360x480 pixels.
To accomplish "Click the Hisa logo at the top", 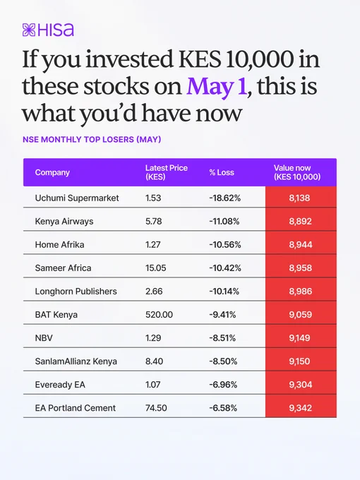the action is pos(48,30).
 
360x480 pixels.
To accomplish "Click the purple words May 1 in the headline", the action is pos(217,86).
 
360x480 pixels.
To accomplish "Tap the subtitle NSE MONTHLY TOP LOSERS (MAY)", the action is pos(92,140).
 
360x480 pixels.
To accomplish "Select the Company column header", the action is pos(52,172).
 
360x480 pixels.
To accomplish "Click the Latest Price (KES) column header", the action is pos(166,172).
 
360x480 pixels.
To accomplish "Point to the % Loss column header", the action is pos(222,172).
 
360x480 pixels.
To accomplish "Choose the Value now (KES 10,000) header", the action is pos(297,172).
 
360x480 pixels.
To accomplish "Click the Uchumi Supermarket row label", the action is pos(77,198).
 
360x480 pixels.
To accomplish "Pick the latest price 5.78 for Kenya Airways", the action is pos(154,222).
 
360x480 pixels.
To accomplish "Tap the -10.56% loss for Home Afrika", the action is pos(225,245).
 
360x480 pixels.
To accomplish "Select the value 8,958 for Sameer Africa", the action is pos(300,268).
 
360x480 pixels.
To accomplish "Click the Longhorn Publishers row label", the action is pos(76,291).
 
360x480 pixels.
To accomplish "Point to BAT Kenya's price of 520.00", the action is pos(159,314).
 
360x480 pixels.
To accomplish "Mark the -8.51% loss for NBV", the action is pos(222,338).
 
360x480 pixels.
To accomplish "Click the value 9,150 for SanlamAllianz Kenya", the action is pos(299,361).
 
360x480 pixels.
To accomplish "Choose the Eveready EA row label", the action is pos(60,385).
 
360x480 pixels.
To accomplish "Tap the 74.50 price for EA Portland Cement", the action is pos(156,408).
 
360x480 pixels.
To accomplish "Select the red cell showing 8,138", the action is pos(301,198).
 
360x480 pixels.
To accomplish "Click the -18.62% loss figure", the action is pos(225,198).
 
